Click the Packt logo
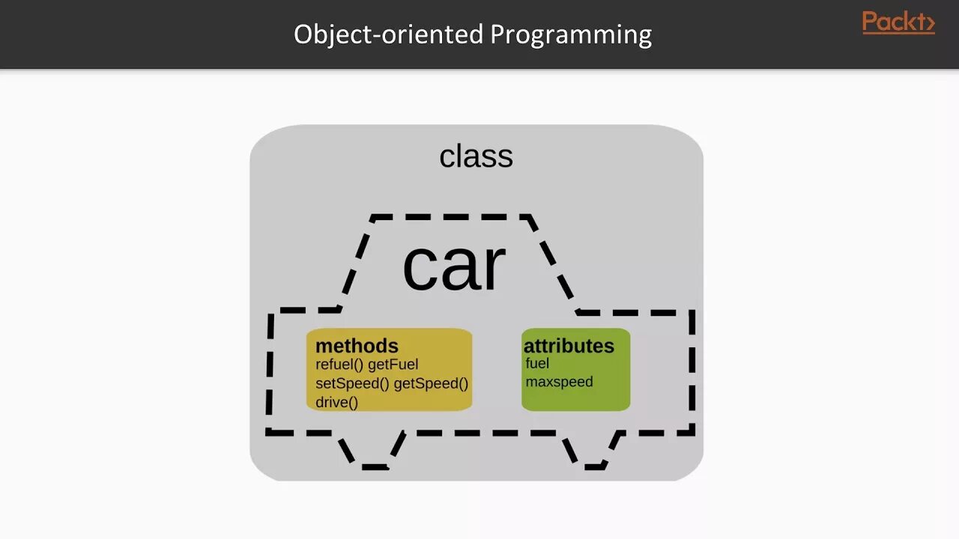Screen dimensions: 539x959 [898, 22]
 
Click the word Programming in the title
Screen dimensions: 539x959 [571, 34]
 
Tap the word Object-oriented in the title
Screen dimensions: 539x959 [388, 34]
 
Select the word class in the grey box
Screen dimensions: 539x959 [476, 156]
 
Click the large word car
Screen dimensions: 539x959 [454, 266]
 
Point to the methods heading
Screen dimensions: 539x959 [357, 346]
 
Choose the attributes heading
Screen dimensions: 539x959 [569, 346]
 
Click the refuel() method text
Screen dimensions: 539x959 [339, 365]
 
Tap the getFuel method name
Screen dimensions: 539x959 [393, 365]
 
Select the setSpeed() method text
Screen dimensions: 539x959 [352, 384]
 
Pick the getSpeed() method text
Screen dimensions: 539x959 [431, 384]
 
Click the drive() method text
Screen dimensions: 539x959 [336, 403]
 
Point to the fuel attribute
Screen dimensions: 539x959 [537, 364]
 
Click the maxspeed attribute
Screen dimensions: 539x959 [559, 383]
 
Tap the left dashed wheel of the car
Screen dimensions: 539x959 [372, 452]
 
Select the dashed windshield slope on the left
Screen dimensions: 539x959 [357, 262]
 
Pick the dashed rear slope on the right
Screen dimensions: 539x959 [553, 262]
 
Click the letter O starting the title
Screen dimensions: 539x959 [303, 34]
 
